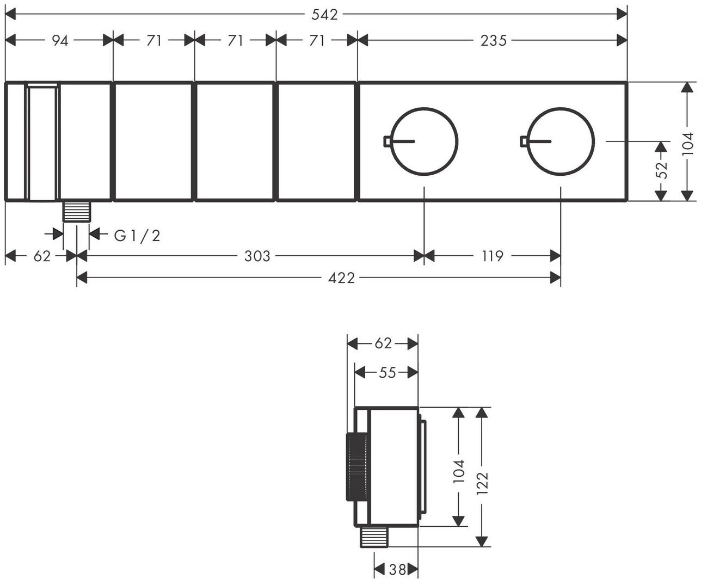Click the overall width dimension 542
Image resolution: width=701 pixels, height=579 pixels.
tap(324, 15)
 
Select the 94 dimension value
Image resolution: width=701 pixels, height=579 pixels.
tap(60, 40)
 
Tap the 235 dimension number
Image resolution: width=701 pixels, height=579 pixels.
tap(493, 40)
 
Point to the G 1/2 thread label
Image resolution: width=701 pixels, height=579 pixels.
tap(137, 236)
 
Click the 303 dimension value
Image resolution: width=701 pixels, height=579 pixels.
tap(257, 256)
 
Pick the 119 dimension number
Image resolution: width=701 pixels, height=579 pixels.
tap(492, 256)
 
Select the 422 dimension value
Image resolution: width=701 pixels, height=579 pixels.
tap(342, 279)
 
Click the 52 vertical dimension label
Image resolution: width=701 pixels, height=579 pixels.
tap(661, 170)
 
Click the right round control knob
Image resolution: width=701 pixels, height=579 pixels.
tap(561, 141)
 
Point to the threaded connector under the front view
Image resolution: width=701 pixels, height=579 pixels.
tap(76, 211)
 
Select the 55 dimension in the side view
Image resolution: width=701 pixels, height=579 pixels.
tap(387, 372)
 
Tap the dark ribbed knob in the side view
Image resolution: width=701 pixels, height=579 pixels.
tap(356, 467)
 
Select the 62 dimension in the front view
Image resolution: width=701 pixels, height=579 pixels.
tap(41, 256)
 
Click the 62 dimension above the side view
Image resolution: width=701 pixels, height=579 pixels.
tap(383, 343)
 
